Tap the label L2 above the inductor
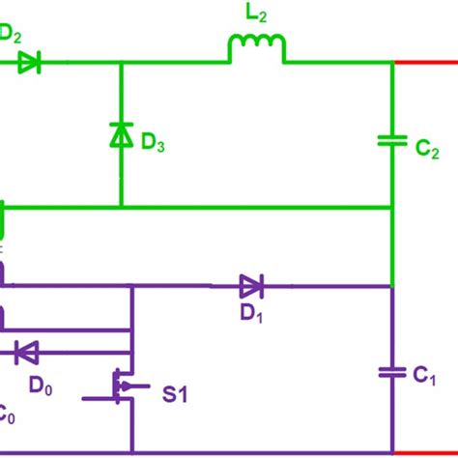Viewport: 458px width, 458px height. pyautogui.click(x=258, y=14)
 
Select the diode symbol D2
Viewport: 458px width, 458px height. pyautogui.click(x=29, y=63)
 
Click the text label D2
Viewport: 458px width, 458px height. pyautogui.click(x=10, y=32)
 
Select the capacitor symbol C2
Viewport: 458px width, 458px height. pyautogui.click(x=391, y=141)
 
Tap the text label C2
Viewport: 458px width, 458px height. pyautogui.click(x=429, y=152)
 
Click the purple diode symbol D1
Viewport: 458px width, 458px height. pyautogui.click(x=251, y=285)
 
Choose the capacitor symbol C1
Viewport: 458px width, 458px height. pyautogui.click(x=391, y=371)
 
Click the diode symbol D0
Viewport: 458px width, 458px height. pyautogui.click(x=26, y=352)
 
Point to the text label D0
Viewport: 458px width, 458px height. pyautogui.click(x=41, y=386)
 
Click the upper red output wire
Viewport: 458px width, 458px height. pyautogui.click(x=425, y=63)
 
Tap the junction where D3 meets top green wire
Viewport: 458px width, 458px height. pyautogui.click(x=121, y=63)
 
